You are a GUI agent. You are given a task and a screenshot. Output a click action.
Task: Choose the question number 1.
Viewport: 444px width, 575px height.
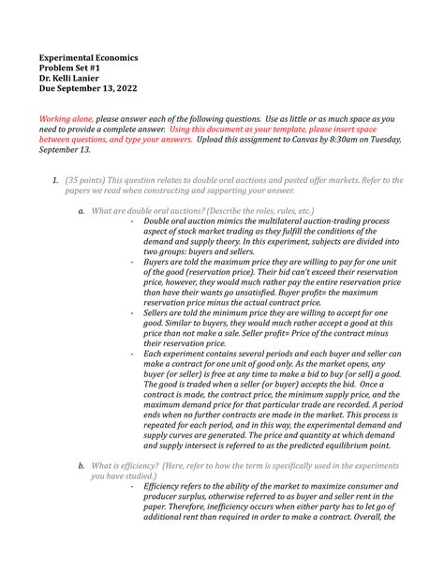click(x=56, y=180)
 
